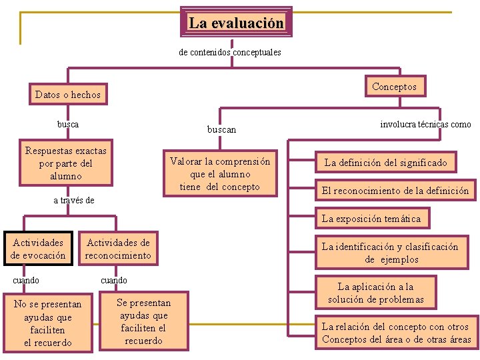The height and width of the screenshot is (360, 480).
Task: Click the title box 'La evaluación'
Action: (x=236, y=23)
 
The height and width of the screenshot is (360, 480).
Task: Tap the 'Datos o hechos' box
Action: (x=68, y=95)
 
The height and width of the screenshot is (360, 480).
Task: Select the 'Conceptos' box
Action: (x=394, y=87)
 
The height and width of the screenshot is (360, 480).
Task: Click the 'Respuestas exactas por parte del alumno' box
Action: (x=66, y=163)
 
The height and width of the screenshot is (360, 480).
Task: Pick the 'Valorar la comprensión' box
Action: (x=220, y=174)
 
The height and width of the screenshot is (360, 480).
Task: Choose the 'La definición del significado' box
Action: (x=385, y=162)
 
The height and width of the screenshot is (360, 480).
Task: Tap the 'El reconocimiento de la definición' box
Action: (x=395, y=191)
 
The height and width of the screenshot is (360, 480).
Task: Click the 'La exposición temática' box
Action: (x=371, y=219)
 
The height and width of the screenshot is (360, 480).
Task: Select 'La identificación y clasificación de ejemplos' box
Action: (x=390, y=253)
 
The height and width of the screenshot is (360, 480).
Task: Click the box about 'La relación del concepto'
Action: (x=396, y=333)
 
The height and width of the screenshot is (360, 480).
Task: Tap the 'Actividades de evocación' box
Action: (x=38, y=249)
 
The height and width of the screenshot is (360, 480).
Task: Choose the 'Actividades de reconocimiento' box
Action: (x=118, y=249)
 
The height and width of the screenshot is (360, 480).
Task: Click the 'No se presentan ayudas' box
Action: (x=47, y=323)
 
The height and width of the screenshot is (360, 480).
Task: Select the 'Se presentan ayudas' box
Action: (x=143, y=321)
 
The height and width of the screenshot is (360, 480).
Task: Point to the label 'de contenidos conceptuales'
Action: (x=230, y=52)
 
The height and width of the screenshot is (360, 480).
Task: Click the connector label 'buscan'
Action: (x=221, y=129)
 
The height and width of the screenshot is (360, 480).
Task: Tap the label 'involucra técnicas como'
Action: (x=425, y=124)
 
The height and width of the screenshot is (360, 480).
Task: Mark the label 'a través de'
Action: (x=74, y=200)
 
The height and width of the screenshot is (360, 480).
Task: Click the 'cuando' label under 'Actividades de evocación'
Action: (x=26, y=281)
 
